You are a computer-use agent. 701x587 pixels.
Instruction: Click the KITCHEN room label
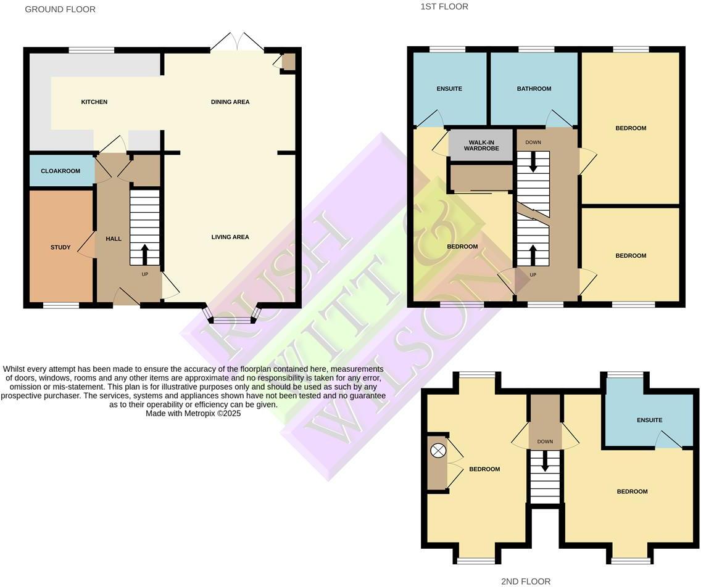(x=94, y=102)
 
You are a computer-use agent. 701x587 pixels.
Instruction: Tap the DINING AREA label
(x=230, y=102)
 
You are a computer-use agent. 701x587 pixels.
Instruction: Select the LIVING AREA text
(x=230, y=237)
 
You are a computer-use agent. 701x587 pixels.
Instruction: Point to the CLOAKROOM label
(x=60, y=171)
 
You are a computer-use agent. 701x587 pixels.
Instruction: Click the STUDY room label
(x=60, y=247)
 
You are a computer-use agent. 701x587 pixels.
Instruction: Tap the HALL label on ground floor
(x=114, y=239)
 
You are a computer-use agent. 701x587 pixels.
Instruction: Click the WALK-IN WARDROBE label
(x=481, y=145)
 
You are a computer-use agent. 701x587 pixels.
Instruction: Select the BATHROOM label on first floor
(x=534, y=89)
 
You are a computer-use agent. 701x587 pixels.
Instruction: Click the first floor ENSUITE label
(x=449, y=89)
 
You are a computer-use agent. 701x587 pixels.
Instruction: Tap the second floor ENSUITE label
(x=649, y=421)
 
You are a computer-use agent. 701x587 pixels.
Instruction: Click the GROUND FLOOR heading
(x=60, y=9)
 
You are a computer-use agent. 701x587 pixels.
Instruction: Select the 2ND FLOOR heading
(x=526, y=581)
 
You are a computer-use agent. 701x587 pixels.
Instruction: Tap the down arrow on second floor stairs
(x=545, y=463)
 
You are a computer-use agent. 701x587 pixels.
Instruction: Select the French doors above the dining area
(x=237, y=43)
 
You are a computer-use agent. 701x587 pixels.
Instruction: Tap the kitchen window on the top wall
(x=91, y=50)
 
